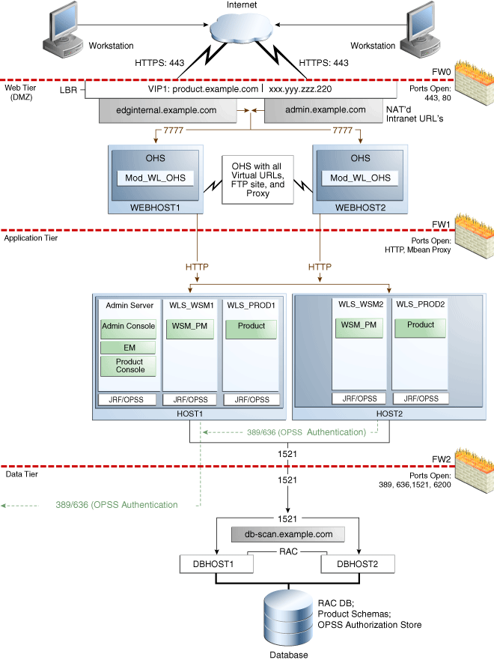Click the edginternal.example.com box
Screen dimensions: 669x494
(x=166, y=109)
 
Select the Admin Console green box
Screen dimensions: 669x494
(x=128, y=326)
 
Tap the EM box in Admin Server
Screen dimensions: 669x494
(x=128, y=348)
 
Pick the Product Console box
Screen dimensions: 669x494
(x=128, y=366)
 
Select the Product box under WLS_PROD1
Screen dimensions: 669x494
(x=251, y=326)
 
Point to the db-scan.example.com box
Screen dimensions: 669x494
(x=288, y=534)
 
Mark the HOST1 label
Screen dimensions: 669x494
(x=190, y=414)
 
